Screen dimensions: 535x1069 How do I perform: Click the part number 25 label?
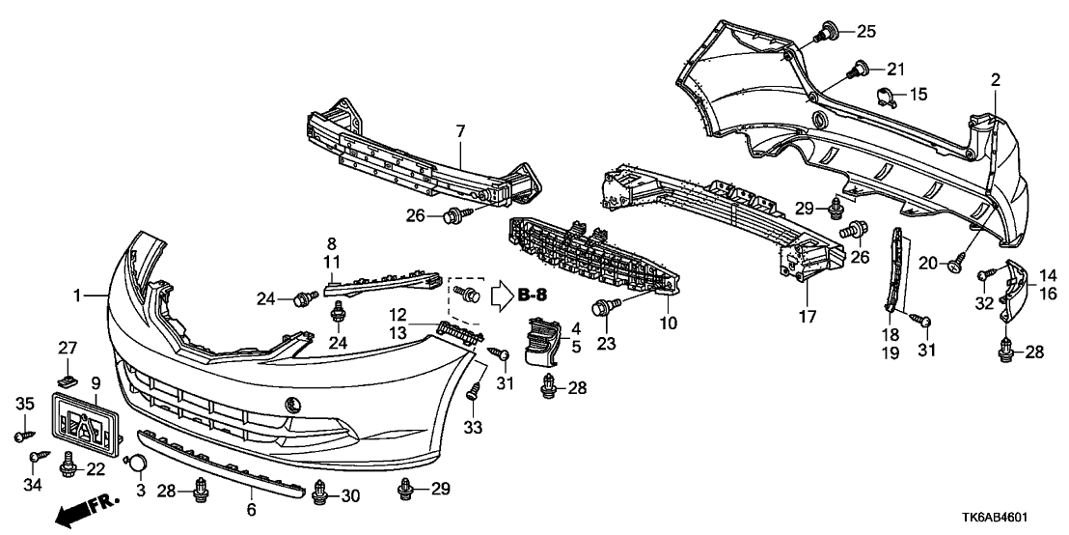[866, 32]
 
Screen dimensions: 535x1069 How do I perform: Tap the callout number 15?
[918, 95]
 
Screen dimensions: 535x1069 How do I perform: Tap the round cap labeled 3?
[138, 465]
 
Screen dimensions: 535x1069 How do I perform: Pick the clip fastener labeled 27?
[67, 379]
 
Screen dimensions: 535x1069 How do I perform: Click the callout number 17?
[807, 316]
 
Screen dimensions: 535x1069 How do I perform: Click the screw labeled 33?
[474, 390]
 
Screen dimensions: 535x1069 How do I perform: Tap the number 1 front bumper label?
[89, 294]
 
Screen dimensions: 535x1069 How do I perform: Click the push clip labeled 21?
[857, 69]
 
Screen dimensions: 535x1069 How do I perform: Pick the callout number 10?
[665, 321]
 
